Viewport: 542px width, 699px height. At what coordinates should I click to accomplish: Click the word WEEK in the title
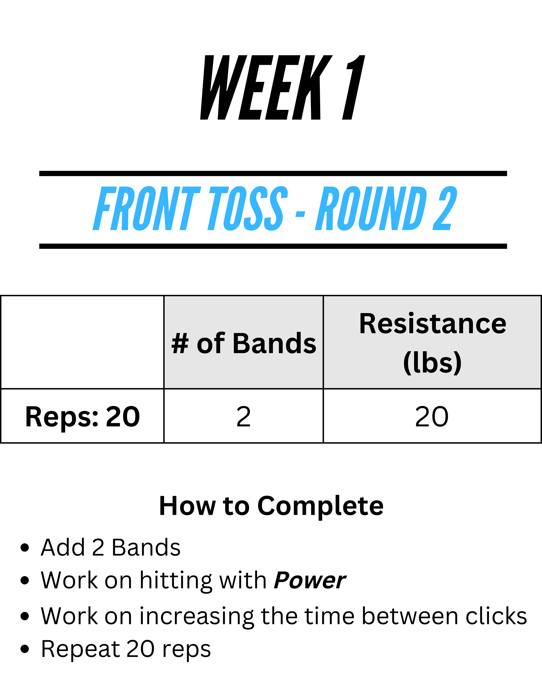point(266,87)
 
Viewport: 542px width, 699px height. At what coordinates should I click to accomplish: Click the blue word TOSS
point(248,208)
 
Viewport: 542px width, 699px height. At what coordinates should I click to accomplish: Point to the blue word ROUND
point(371,208)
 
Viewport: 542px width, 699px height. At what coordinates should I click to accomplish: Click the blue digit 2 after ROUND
point(445,208)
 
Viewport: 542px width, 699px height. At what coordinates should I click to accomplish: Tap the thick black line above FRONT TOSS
point(273,174)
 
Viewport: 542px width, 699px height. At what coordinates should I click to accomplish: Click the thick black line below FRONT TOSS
point(273,246)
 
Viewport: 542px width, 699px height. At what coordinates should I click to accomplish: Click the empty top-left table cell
point(82,342)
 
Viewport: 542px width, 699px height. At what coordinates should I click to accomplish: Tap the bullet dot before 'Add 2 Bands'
point(25,548)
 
